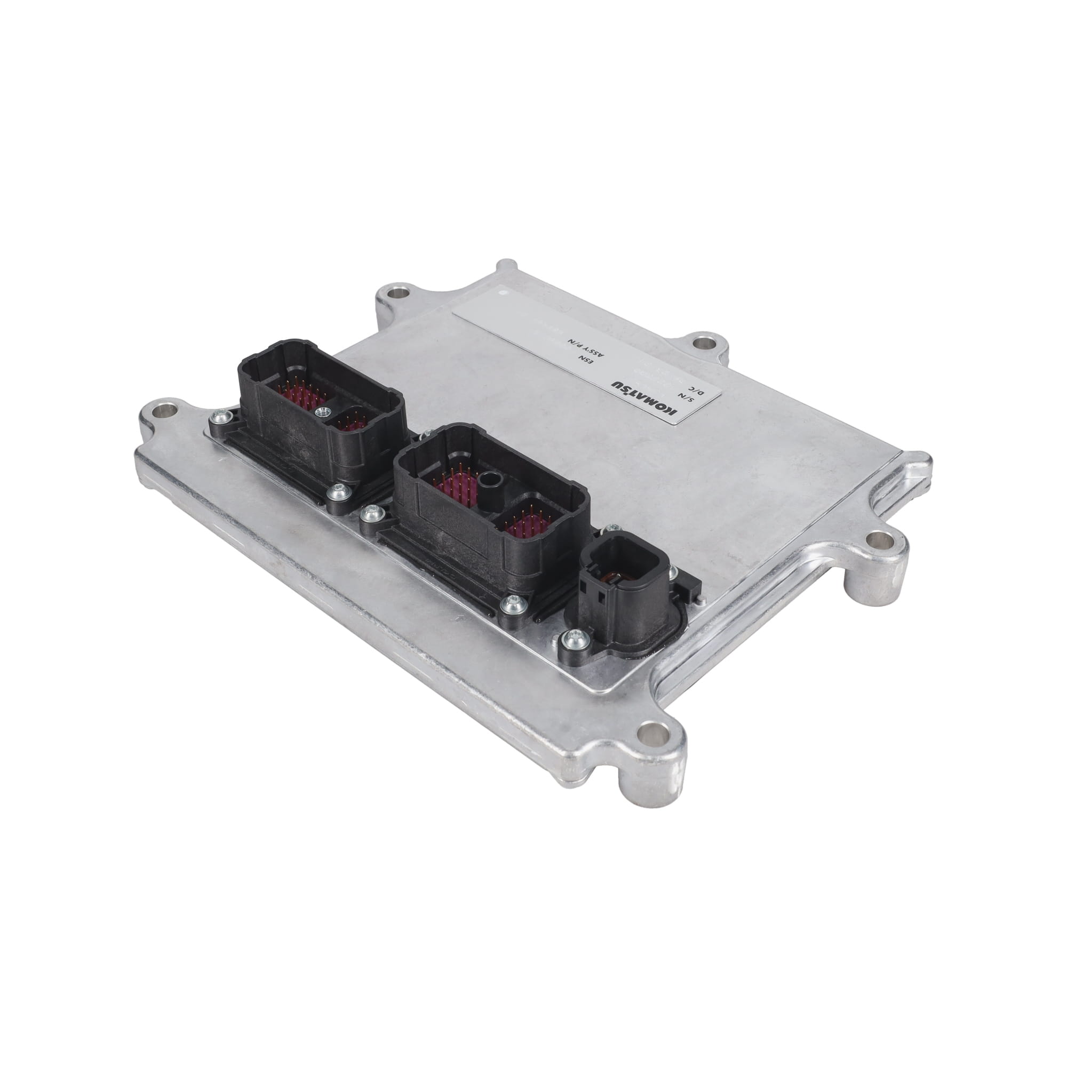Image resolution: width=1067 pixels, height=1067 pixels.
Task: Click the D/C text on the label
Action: click(699, 392)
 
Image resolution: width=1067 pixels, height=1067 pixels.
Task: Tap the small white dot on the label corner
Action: click(502, 287)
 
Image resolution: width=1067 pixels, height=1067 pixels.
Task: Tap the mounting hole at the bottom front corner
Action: click(650, 735)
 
